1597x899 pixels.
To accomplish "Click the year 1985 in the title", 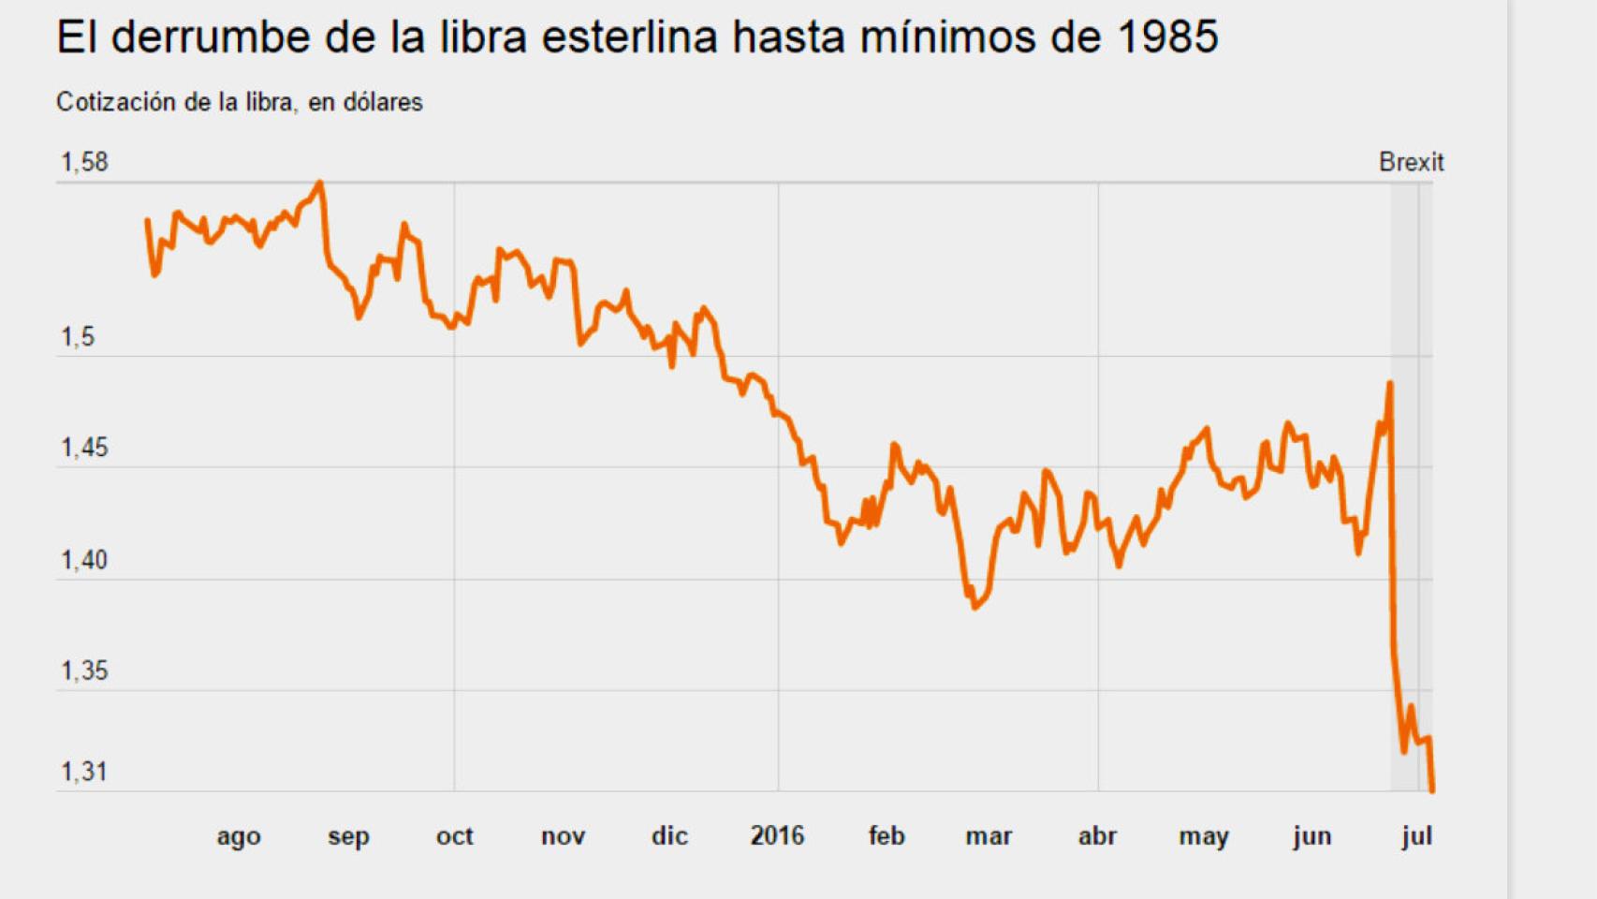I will tap(1167, 38).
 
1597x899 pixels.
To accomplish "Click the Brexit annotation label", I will tap(1411, 162).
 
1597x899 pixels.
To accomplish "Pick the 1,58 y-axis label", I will tap(84, 162).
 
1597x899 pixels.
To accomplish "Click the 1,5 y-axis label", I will tap(78, 337).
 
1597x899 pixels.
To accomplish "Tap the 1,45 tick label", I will tap(84, 448).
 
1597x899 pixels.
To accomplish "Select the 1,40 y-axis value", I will tap(84, 560).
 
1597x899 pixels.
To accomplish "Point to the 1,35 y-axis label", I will tap(84, 671).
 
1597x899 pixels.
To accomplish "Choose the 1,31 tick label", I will tap(84, 772).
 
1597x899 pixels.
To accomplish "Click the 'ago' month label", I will tap(239, 836).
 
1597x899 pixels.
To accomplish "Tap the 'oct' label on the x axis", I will tap(454, 835).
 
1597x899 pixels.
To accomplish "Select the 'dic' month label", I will tap(669, 835).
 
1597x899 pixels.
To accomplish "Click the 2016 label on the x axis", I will tap(777, 835).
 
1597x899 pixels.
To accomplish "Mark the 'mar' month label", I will tap(989, 835).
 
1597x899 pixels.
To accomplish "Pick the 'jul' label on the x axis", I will tap(1416, 835).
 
